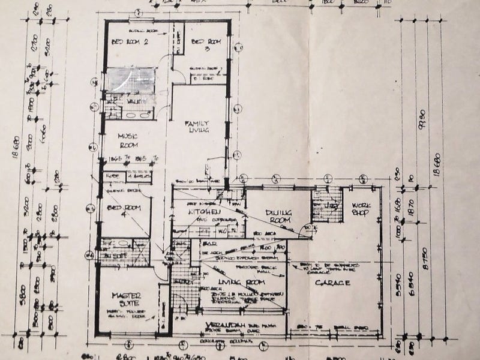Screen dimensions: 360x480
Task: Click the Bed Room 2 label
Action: coord(130,42)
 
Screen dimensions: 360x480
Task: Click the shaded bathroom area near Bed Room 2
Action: coord(131,80)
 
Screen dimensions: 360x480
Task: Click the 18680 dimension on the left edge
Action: coord(14,155)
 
